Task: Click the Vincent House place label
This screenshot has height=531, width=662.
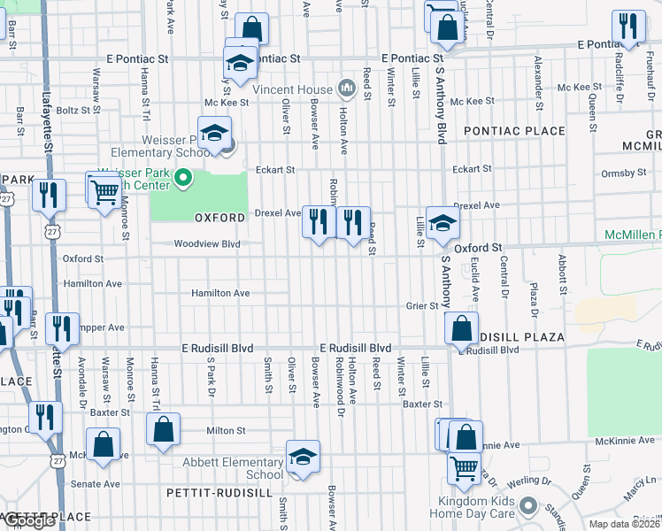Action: pyautogui.click(x=291, y=89)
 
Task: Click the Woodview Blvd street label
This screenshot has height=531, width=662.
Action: pyautogui.click(x=206, y=243)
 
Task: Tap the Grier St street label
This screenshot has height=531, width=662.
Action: pyautogui.click(x=422, y=306)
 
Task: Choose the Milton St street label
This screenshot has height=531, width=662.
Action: pyautogui.click(x=225, y=431)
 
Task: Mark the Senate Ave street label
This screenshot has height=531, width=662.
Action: pyautogui.click(x=96, y=484)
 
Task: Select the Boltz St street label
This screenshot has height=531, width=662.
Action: pyautogui.click(x=73, y=111)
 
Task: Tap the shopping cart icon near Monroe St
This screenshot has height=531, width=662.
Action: pyautogui.click(x=104, y=189)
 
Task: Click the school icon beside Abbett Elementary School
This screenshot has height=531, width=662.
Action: pyautogui.click(x=303, y=457)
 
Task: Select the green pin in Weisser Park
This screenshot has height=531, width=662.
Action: pyautogui.click(x=182, y=180)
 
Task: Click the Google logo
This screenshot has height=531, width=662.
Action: pyautogui.click(x=29, y=521)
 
